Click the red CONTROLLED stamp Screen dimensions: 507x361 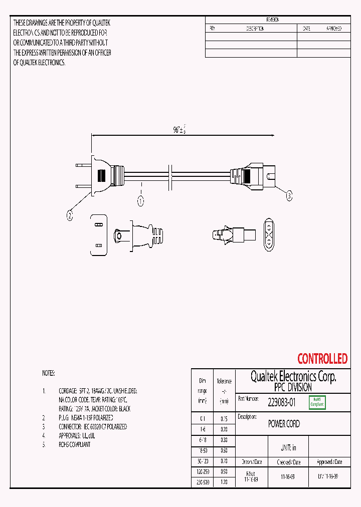322,359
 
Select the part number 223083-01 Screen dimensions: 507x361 282,402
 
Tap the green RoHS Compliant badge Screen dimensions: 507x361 317,402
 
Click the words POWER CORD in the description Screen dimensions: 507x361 284,424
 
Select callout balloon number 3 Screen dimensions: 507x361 289,196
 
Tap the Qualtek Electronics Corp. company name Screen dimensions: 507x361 293,377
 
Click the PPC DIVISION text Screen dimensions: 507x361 293,388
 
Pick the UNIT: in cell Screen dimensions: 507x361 288,447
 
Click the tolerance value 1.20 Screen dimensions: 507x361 224,481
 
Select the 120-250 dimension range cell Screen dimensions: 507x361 202,471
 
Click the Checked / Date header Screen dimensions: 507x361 289,462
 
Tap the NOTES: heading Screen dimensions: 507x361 49,374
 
